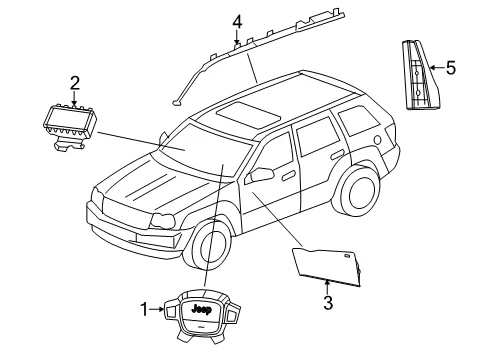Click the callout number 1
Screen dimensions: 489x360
tap(144, 309)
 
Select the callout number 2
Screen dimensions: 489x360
tap(75, 83)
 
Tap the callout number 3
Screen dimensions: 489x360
tap(328, 303)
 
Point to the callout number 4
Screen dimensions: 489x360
tap(237, 22)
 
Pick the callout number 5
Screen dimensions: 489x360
tap(451, 68)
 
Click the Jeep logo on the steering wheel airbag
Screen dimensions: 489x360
tap(202, 309)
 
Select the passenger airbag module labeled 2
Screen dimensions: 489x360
tap(70, 128)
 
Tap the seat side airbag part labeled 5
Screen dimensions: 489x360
tap(421, 75)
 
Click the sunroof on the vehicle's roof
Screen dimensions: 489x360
tap(248, 115)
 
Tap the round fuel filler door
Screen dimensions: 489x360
tap(377, 140)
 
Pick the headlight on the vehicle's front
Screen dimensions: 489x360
tap(162, 221)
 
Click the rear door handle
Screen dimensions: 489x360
tap(337, 154)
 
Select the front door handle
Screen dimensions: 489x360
tap(289, 176)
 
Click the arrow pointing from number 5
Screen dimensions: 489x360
tap(437, 68)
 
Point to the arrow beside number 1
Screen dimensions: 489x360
tap(156, 309)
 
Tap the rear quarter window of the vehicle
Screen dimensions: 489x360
tap(356, 120)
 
